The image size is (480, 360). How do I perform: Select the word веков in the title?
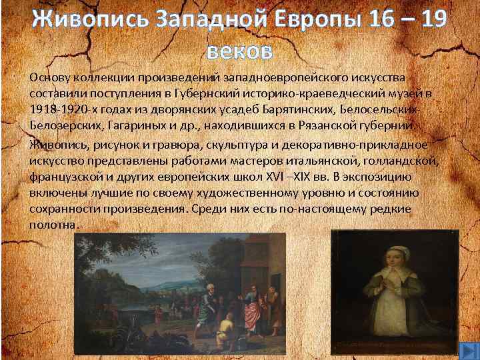[x=239, y=49]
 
